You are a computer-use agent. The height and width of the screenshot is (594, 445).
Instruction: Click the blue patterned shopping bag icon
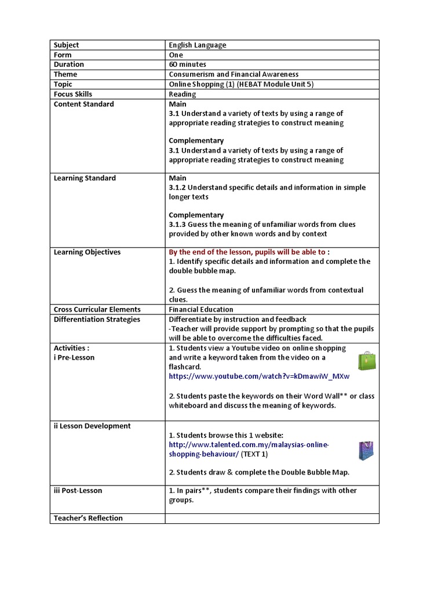pos(366,450)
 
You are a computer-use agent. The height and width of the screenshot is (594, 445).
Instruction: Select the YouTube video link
pos(259,376)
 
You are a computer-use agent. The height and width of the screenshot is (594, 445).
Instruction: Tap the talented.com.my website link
pos(249,449)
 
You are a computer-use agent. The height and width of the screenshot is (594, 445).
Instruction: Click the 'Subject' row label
pos(67,45)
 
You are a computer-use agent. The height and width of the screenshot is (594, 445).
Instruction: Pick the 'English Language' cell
pos(198,45)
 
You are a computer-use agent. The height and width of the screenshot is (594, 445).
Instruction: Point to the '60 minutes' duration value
pos(187,64)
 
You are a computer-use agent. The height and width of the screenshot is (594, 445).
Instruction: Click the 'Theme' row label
pos(65,74)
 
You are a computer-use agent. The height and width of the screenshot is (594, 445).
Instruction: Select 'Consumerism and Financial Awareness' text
pos(234,74)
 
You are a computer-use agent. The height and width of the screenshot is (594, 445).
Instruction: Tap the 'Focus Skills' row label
pos(73,94)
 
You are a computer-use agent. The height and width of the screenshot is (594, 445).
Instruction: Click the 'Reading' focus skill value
pos(183,94)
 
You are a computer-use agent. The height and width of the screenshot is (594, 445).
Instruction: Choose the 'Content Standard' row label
pos(84,104)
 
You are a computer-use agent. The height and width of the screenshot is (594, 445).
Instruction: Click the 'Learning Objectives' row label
pos(87,252)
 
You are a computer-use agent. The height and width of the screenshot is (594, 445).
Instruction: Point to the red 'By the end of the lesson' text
pos(246,252)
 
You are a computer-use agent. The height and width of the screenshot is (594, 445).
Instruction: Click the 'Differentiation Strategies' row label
pos(97,319)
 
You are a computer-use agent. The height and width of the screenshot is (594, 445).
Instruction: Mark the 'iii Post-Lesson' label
pos(78,490)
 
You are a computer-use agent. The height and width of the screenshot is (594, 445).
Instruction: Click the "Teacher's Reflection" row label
pos(88,518)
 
